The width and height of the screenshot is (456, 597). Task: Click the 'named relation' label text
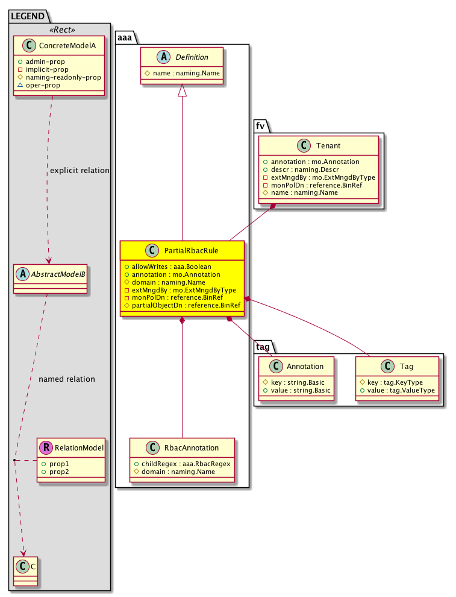[x=66, y=379]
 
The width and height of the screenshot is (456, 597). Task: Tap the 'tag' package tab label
[x=263, y=347]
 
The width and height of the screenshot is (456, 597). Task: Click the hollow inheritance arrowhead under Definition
[x=183, y=90]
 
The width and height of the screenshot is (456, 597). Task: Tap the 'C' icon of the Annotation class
[x=276, y=366]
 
